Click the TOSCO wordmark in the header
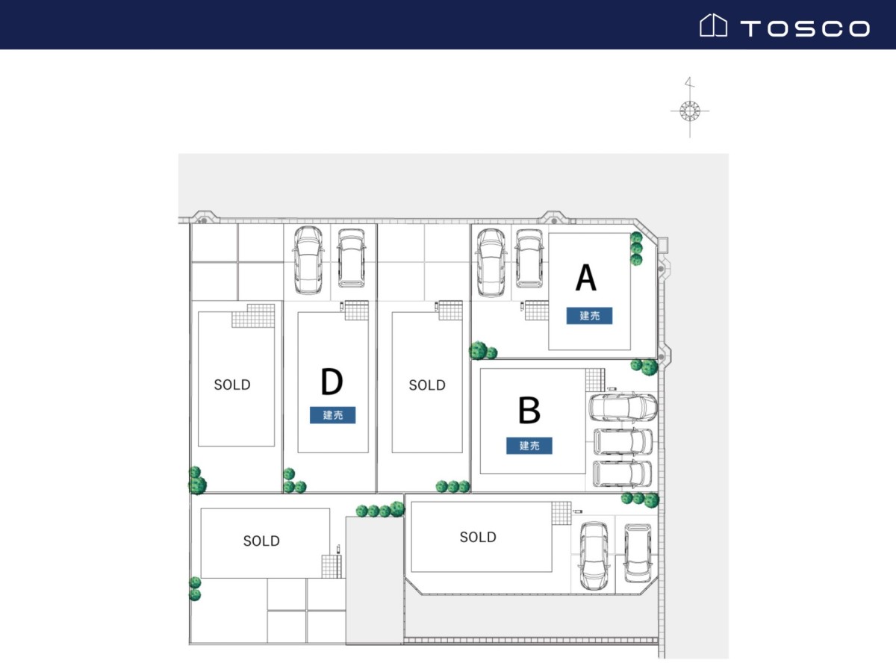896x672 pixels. (x=805, y=28)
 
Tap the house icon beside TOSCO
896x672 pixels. (x=713, y=25)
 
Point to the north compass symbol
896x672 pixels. (x=690, y=108)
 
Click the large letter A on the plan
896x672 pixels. (x=586, y=278)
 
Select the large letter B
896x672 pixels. (x=529, y=410)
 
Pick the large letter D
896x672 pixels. (x=332, y=382)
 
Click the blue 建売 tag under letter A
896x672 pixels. (x=589, y=315)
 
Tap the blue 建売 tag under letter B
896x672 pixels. (x=529, y=446)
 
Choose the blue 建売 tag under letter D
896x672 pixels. (x=333, y=415)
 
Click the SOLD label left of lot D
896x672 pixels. (x=232, y=385)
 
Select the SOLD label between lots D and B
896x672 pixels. (x=427, y=385)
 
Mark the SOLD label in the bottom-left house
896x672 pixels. (x=261, y=541)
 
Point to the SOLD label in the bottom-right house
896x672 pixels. (x=478, y=537)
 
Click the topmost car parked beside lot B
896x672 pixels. (x=623, y=408)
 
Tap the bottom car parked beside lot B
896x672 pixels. (x=622, y=473)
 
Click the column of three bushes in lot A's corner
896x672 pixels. (x=636, y=249)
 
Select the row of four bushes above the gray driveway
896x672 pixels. (x=380, y=510)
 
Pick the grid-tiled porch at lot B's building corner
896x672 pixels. (x=595, y=380)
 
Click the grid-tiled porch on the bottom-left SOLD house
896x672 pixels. (x=332, y=566)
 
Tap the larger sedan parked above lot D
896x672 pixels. (x=308, y=261)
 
